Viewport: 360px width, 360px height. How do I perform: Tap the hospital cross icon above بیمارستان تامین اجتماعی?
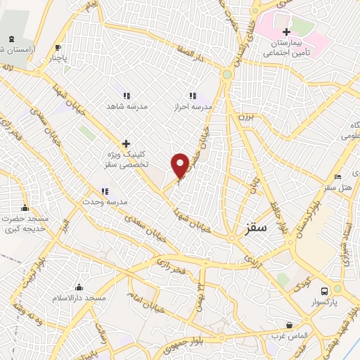(x=286, y=32)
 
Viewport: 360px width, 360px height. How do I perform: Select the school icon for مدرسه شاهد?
(x=127, y=96)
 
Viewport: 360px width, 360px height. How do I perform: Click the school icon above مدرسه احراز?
(x=193, y=96)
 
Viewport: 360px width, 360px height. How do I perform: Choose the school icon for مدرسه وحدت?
(x=105, y=191)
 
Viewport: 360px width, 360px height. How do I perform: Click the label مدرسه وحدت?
(x=105, y=202)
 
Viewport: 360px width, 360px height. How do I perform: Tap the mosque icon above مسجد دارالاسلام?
(x=79, y=288)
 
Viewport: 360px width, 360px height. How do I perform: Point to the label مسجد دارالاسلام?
(x=79, y=299)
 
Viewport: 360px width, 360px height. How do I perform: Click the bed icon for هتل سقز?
(x=337, y=176)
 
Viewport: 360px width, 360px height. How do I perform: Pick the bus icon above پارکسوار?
(x=324, y=290)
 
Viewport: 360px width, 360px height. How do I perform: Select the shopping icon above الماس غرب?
(x=289, y=325)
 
